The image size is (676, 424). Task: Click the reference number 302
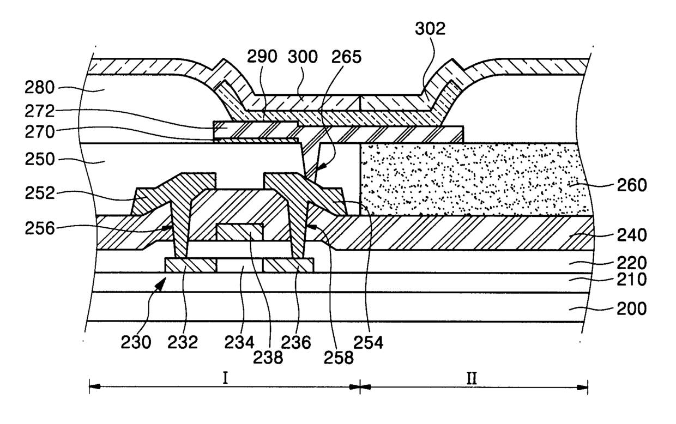[x=430, y=29]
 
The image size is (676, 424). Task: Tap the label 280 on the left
[x=40, y=88]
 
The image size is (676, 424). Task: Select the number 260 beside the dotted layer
[x=632, y=185]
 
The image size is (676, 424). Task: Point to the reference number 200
[x=632, y=308]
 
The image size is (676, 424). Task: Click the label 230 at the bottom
[x=136, y=342]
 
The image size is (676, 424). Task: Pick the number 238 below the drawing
[x=268, y=358]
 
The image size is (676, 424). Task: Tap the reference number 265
[x=347, y=57]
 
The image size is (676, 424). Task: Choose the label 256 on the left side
[x=40, y=228]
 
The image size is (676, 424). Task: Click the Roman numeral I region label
[x=225, y=378]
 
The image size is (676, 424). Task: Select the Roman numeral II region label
[x=472, y=378]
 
